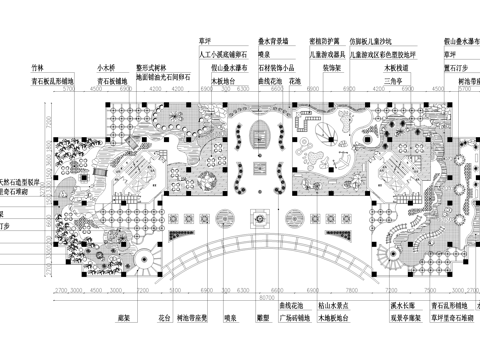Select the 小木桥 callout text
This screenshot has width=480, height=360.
(x=108, y=63)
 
